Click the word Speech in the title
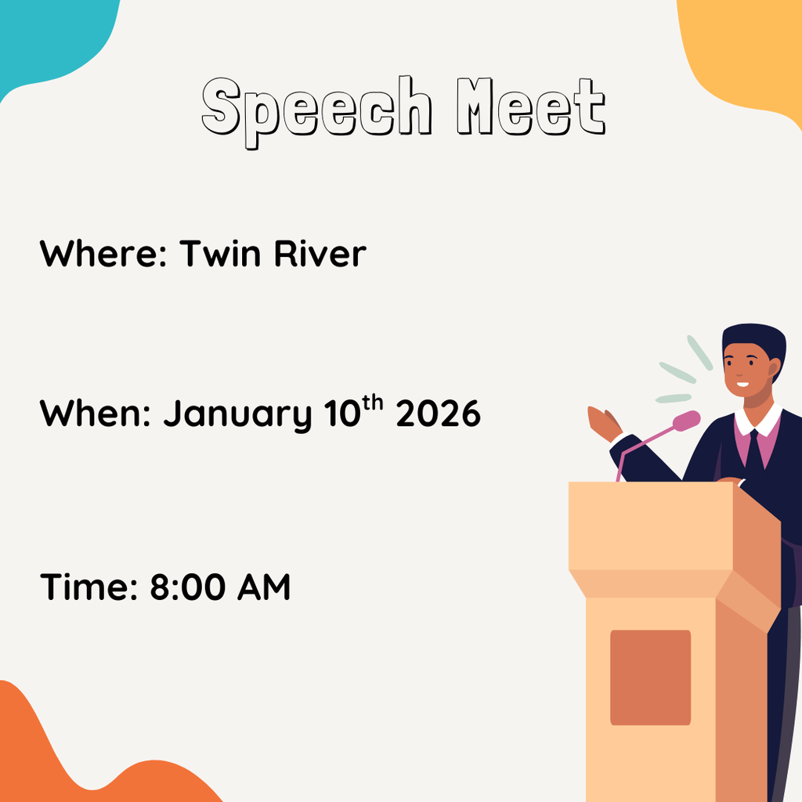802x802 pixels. (316, 110)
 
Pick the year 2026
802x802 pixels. (438, 414)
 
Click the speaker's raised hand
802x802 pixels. (604, 423)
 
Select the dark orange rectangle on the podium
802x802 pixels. (650, 677)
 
